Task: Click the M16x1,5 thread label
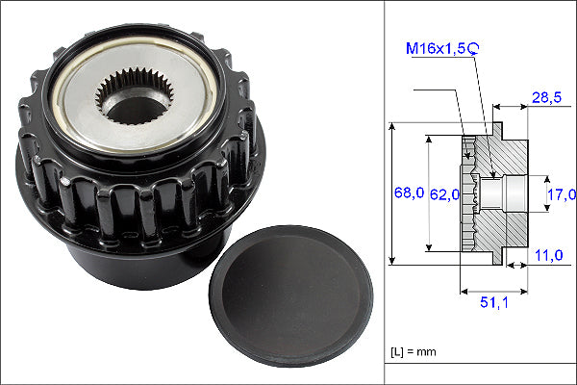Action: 436,48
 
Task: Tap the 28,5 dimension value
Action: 546,97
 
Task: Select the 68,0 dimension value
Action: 409,192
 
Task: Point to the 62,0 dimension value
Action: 445,194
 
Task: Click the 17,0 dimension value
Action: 562,194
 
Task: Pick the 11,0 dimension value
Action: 549,255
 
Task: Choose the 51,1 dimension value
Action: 494,302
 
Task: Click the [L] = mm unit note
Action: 414,352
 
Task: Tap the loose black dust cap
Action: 291,295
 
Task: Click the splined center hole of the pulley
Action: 134,96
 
